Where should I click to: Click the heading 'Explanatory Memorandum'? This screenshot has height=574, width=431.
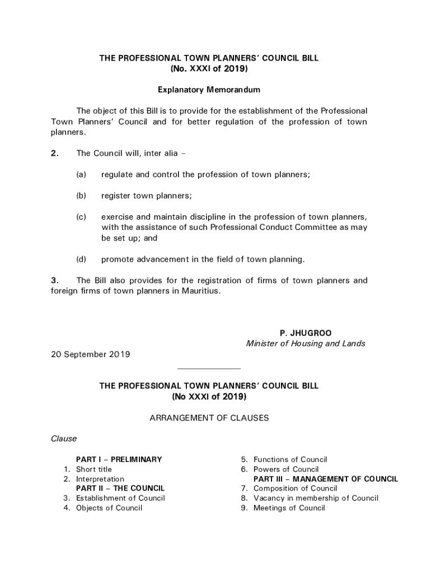click(x=209, y=90)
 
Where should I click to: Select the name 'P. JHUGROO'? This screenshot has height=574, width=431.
click(x=306, y=334)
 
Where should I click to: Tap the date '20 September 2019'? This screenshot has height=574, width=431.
click(x=91, y=354)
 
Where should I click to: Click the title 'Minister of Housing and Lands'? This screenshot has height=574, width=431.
click(x=306, y=344)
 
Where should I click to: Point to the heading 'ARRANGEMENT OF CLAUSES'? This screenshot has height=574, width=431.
click(x=209, y=418)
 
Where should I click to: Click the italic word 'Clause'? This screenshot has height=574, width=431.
click(x=64, y=438)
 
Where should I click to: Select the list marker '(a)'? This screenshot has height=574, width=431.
click(x=81, y=174)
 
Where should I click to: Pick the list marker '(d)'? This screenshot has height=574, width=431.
click(x=81, y=259)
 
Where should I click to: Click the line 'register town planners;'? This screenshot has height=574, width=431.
click(x=147, y=196)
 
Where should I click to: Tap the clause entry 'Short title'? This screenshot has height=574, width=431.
click(x=94, y=469)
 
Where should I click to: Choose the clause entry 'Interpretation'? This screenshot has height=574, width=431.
click(x=100, y=479)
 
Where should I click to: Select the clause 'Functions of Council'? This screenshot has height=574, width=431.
click(x=290, y=459)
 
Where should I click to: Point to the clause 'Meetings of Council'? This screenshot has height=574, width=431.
click(x=289, y=508)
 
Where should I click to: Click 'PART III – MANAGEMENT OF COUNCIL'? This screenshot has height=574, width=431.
click(x=326, y=479)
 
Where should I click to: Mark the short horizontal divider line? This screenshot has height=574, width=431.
click(x=209, y=369)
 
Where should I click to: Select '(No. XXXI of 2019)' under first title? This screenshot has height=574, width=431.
click(x=209, y=68)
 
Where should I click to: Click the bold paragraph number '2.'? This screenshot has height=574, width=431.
click(x=54, y=154)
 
